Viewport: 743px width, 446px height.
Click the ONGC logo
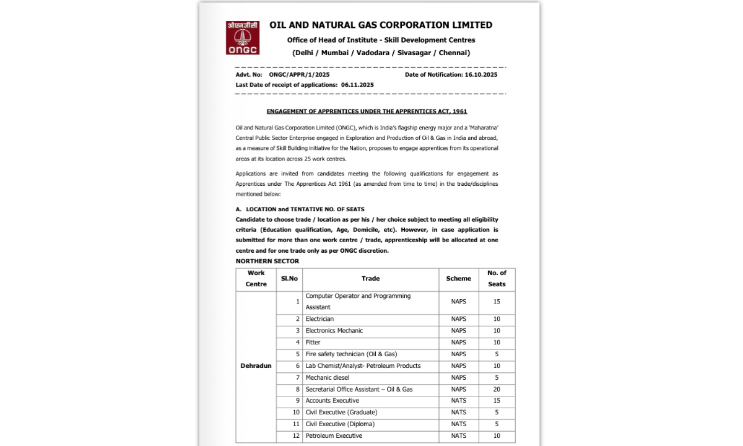click(242, 38)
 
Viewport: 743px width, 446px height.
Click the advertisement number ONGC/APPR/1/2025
click(299, 74)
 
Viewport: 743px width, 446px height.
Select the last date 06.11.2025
click(357, 84)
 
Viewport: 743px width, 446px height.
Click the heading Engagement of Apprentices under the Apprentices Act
click(367, 111)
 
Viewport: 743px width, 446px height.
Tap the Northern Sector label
click(267, 261)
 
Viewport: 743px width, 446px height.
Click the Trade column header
click(370, 279)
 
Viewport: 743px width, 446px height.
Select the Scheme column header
click(458, 279)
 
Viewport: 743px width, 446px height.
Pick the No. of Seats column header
click(497, 279)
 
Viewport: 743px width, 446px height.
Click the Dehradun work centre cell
click(256, 366)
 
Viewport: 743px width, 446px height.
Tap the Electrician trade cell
click(319, 319)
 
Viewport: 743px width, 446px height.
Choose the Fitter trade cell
click(313, 343)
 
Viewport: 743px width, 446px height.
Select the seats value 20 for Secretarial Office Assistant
click(497, 390)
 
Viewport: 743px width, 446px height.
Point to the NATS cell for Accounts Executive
click(458, 401)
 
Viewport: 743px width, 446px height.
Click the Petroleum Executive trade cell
click(334, 436)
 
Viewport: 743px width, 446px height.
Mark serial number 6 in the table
click(297, 366)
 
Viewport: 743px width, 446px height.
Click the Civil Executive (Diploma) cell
click(340, 424)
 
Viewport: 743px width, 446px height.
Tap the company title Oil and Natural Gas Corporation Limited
click(381, 25)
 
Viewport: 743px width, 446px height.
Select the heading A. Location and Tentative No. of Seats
click(300, 209)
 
